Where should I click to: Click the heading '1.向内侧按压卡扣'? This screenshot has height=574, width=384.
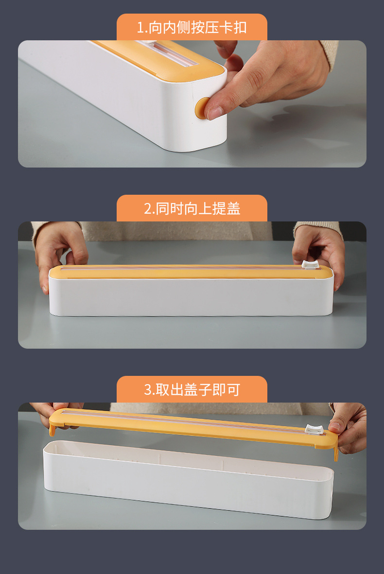tap(192, 28)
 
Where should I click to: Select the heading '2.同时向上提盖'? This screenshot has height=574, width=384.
tap(192, 208)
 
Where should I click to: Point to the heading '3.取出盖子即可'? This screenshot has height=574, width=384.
tap(192, 389)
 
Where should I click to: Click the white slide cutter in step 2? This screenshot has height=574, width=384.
tap(310, 264)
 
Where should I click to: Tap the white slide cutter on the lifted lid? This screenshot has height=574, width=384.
tap(314, 429)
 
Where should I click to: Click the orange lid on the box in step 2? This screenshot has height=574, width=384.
tap(191, 272)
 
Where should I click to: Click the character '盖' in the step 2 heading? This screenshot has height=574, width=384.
tap(233, 208)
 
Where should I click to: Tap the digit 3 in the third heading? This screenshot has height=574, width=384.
tap(148, 389)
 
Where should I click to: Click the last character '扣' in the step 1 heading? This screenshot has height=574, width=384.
tap(240, 28)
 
